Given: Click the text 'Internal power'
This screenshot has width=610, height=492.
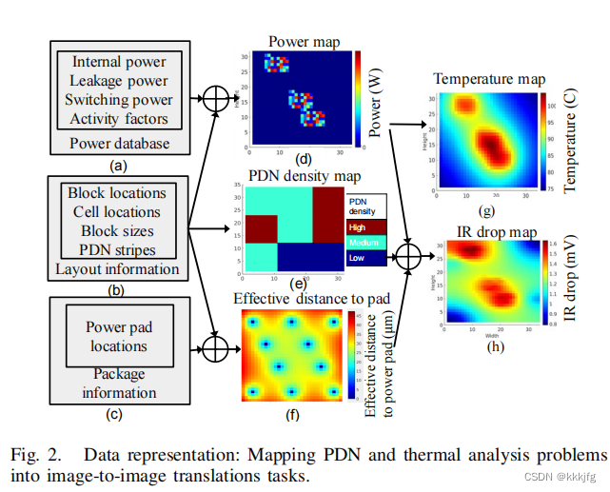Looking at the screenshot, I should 119,62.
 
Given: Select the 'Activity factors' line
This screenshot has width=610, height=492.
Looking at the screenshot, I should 119,119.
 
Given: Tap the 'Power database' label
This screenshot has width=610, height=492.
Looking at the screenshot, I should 119,144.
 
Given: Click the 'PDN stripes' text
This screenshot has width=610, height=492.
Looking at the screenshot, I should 117,249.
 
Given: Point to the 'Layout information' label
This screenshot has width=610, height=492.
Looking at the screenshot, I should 117,268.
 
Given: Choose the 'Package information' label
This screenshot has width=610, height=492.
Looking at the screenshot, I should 118,383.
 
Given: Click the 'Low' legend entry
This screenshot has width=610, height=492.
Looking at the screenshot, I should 358,258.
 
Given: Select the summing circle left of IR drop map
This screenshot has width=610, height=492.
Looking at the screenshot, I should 408,256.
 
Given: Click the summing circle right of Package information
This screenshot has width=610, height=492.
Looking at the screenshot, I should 217,350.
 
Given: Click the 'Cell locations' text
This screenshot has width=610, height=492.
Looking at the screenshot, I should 117,211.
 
